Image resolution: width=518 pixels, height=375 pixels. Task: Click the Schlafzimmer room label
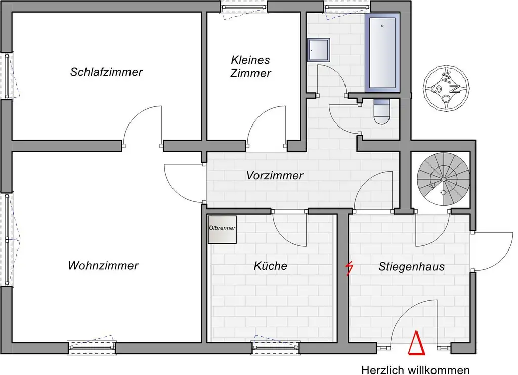(106, 72)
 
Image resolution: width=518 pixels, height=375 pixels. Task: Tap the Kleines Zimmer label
(250, 66)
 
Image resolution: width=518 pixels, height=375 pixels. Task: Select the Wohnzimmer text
(103, 265)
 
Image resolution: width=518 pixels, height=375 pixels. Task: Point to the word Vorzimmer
(275, 176)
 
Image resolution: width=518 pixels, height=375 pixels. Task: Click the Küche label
(271, 266)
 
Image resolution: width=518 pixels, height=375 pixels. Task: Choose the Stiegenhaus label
(411, 266)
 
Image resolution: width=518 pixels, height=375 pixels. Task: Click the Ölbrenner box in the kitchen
(222, 229)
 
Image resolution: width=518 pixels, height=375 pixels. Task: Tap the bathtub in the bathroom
(382, 53)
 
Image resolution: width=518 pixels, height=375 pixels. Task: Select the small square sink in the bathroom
(319, 50)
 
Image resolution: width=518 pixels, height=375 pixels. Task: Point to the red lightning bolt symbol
(348, 268)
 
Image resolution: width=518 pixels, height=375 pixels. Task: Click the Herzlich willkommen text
(415, 370)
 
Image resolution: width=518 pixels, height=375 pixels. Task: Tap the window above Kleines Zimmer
(244, 7)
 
